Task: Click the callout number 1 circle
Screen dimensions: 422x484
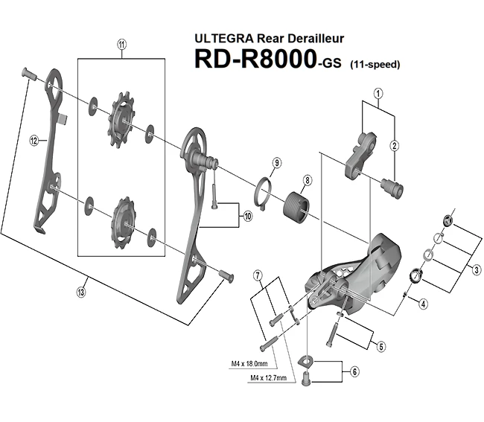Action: (378, 94)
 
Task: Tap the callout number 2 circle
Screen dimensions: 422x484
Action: (395, 145)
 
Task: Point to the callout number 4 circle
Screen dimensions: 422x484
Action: (422, 303)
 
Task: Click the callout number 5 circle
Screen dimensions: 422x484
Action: (380, 345)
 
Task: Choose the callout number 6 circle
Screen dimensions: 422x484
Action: (354, 370)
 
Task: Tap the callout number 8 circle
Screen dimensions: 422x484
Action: (307, 180)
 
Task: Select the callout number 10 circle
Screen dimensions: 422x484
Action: (246, 217)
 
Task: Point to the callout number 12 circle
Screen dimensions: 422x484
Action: (34, 139)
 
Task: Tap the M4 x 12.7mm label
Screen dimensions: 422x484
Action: (271, 379)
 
